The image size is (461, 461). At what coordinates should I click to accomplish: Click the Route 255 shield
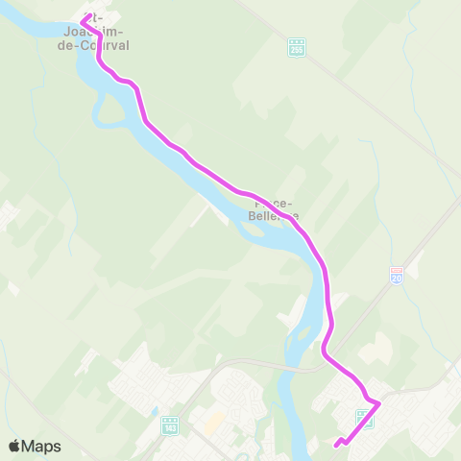point(297,47)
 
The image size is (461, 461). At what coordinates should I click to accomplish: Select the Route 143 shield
point(170,425)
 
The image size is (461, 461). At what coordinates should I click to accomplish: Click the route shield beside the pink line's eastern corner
point(364,418)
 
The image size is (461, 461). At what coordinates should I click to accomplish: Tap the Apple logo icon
point(14,446)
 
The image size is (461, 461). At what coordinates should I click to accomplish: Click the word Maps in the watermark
point(41,446)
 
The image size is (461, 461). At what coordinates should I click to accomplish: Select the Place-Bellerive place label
point(275,209)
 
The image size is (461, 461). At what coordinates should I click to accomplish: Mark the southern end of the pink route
point(336,445)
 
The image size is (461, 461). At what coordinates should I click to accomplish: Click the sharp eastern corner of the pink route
point(379,402)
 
